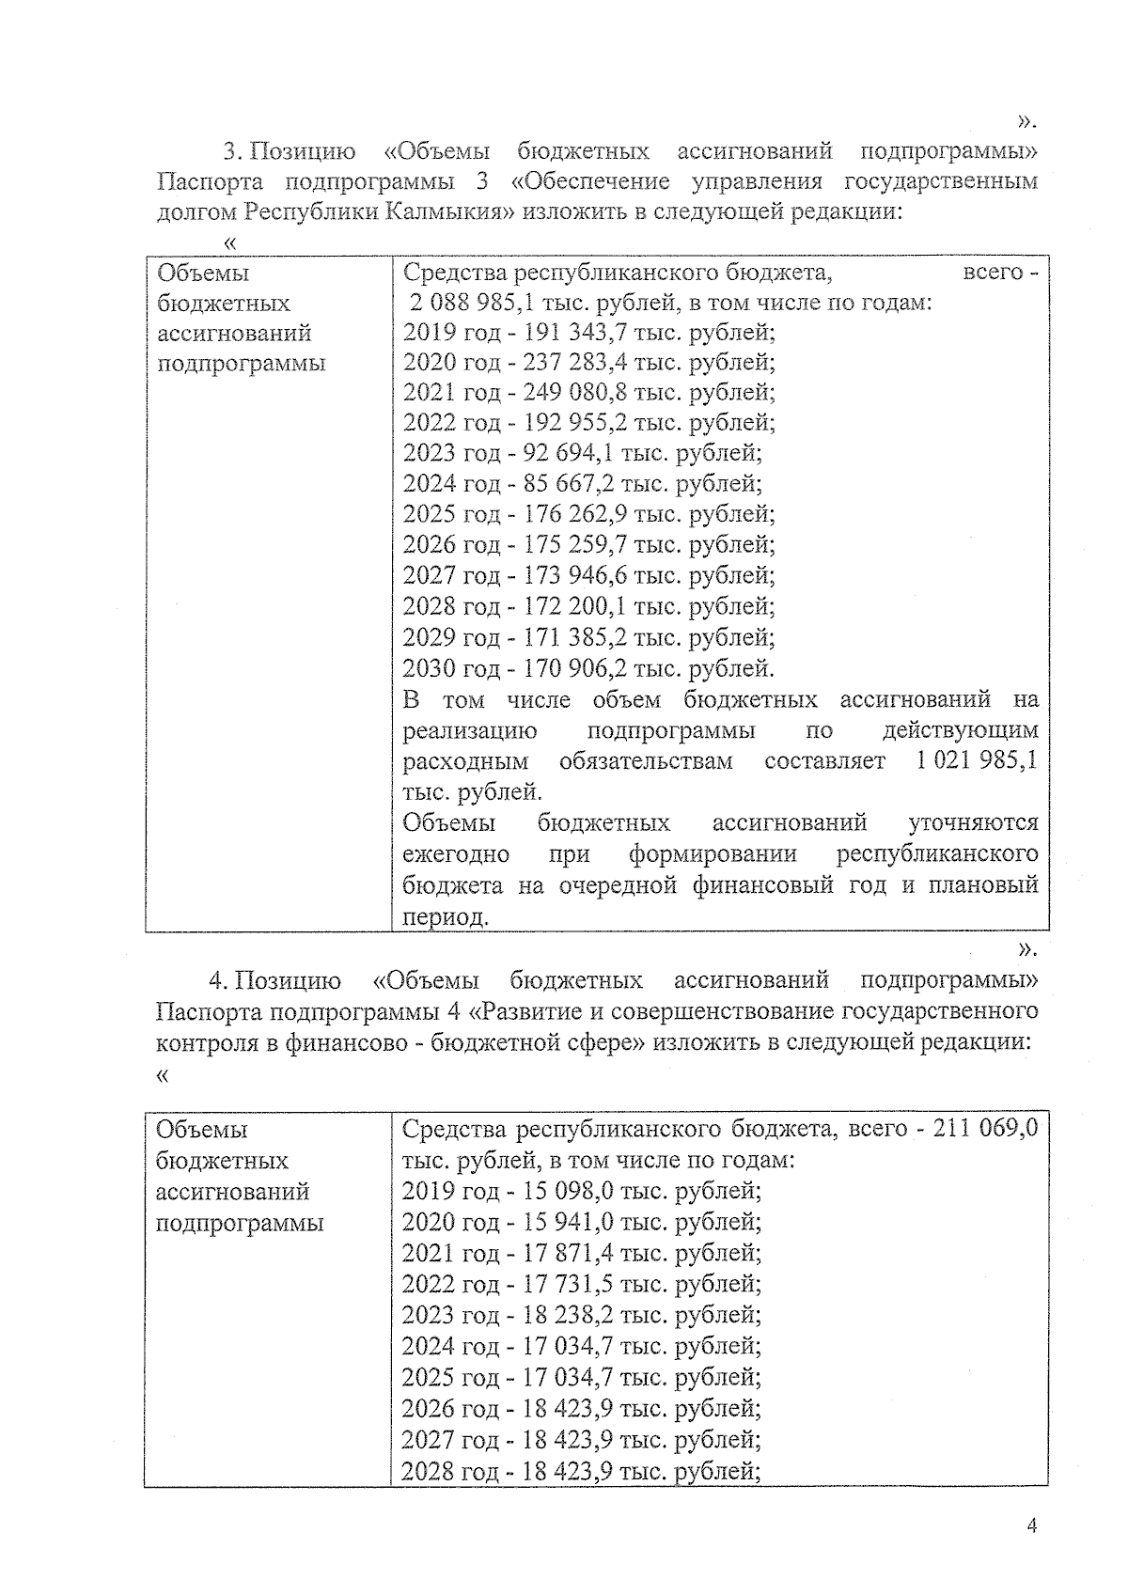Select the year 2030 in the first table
pos(429,668)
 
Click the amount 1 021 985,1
pos(977,760)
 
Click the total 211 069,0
pos(984,1128)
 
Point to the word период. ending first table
pos(446,916)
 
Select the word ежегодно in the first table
pos(456,854)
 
